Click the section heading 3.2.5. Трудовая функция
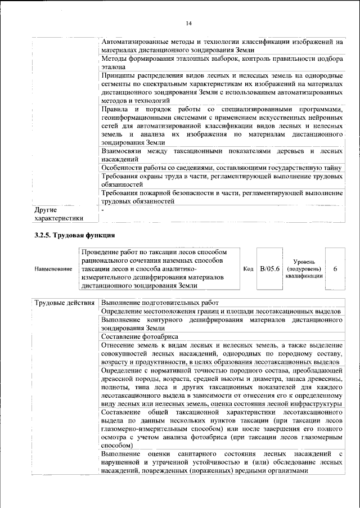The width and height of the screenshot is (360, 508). [x=74, y=235]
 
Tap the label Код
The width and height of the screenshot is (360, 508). [x=248, y=269]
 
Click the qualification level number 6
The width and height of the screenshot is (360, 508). [x=335, y=269]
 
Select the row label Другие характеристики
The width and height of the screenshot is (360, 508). [x=58, y=214]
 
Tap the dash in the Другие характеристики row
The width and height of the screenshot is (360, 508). [x=103, y=210]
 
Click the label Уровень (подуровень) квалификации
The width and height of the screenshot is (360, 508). [x=304, y=269]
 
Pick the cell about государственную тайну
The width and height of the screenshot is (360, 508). [x=222, y=168]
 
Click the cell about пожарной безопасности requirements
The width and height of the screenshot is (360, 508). [x=222, y=197]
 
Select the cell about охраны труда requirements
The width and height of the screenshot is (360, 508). [x=222, y=180]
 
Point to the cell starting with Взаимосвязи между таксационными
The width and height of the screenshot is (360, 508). [x=222, y=155]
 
